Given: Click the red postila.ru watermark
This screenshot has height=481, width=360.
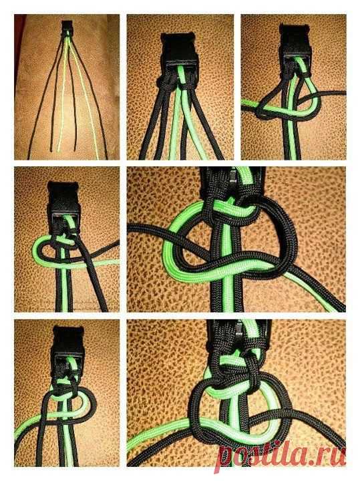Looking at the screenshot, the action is tap(281, 455).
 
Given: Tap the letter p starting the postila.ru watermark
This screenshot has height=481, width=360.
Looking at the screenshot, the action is tap(226, 458).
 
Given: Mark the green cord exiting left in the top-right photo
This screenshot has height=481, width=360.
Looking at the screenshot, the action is tap(250, 104).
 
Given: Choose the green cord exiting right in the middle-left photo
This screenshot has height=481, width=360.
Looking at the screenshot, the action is tap(102, 263).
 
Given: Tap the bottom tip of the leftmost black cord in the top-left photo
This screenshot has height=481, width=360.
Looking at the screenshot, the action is tap(29, 158).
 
